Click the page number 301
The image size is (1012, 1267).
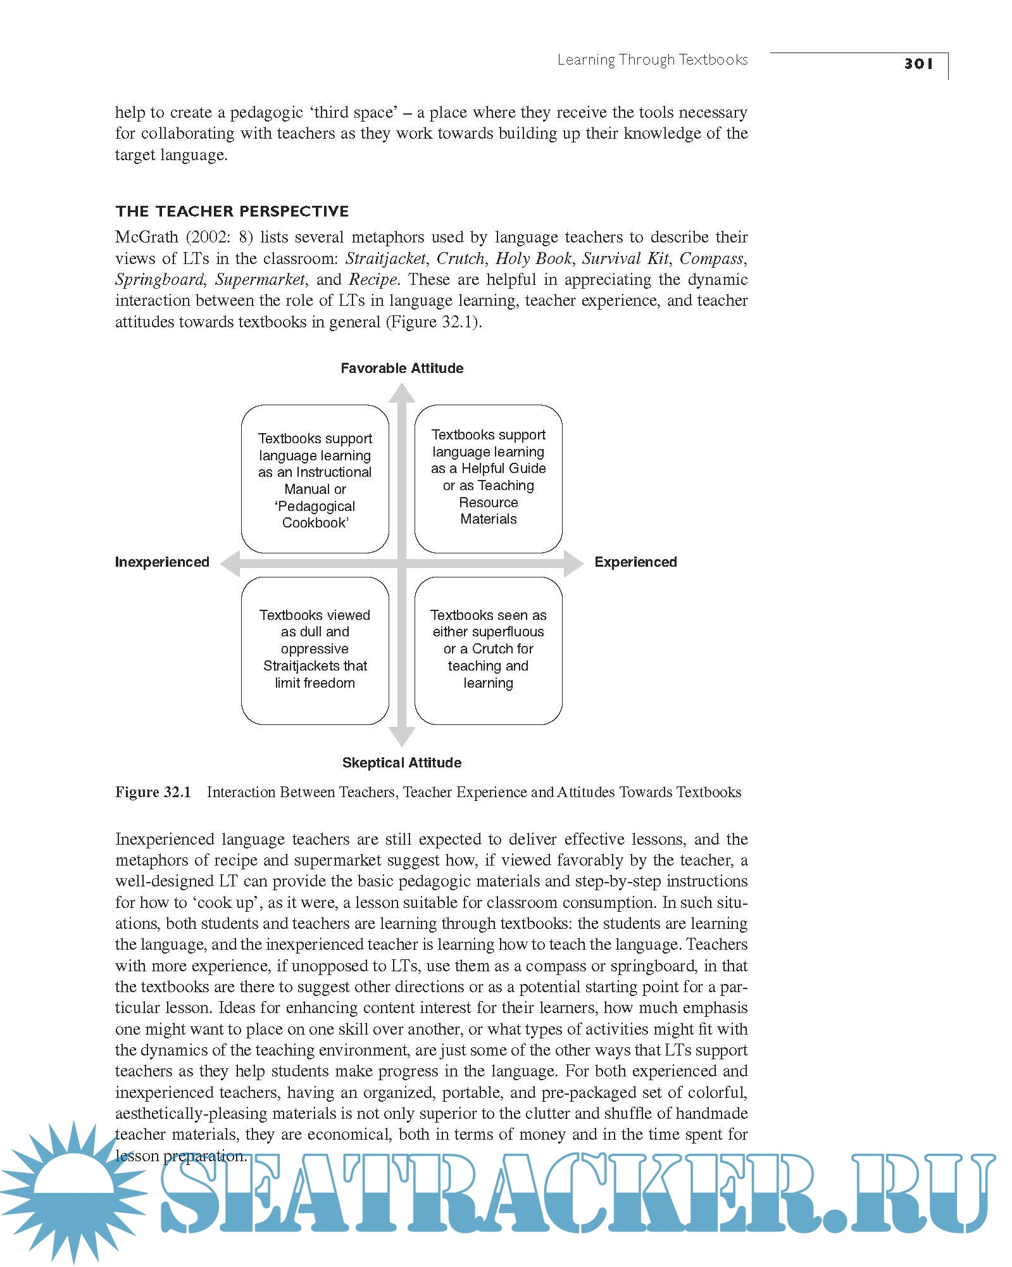tap(918, 63)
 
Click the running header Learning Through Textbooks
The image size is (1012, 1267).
tap(652, 60)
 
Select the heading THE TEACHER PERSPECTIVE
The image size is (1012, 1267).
tap(232, 211)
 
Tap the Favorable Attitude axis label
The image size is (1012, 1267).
tap(402, 369)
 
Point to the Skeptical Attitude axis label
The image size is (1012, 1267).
tap(402, 763)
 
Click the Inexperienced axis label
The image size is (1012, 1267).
tap(162, 562)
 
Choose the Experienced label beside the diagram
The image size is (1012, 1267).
tap(635, 562)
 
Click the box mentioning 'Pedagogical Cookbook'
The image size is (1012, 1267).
tap(315, 480)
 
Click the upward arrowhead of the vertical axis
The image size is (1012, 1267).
tap(402, 394)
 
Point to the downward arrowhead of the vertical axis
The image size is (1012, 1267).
tap(402, 736)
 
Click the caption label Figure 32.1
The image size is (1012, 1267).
tap(153, 792)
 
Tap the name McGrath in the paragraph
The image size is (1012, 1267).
tap(147, 237)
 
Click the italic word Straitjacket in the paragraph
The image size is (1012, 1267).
tap(385, 259)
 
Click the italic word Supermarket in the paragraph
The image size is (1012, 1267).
tap(260, 280)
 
